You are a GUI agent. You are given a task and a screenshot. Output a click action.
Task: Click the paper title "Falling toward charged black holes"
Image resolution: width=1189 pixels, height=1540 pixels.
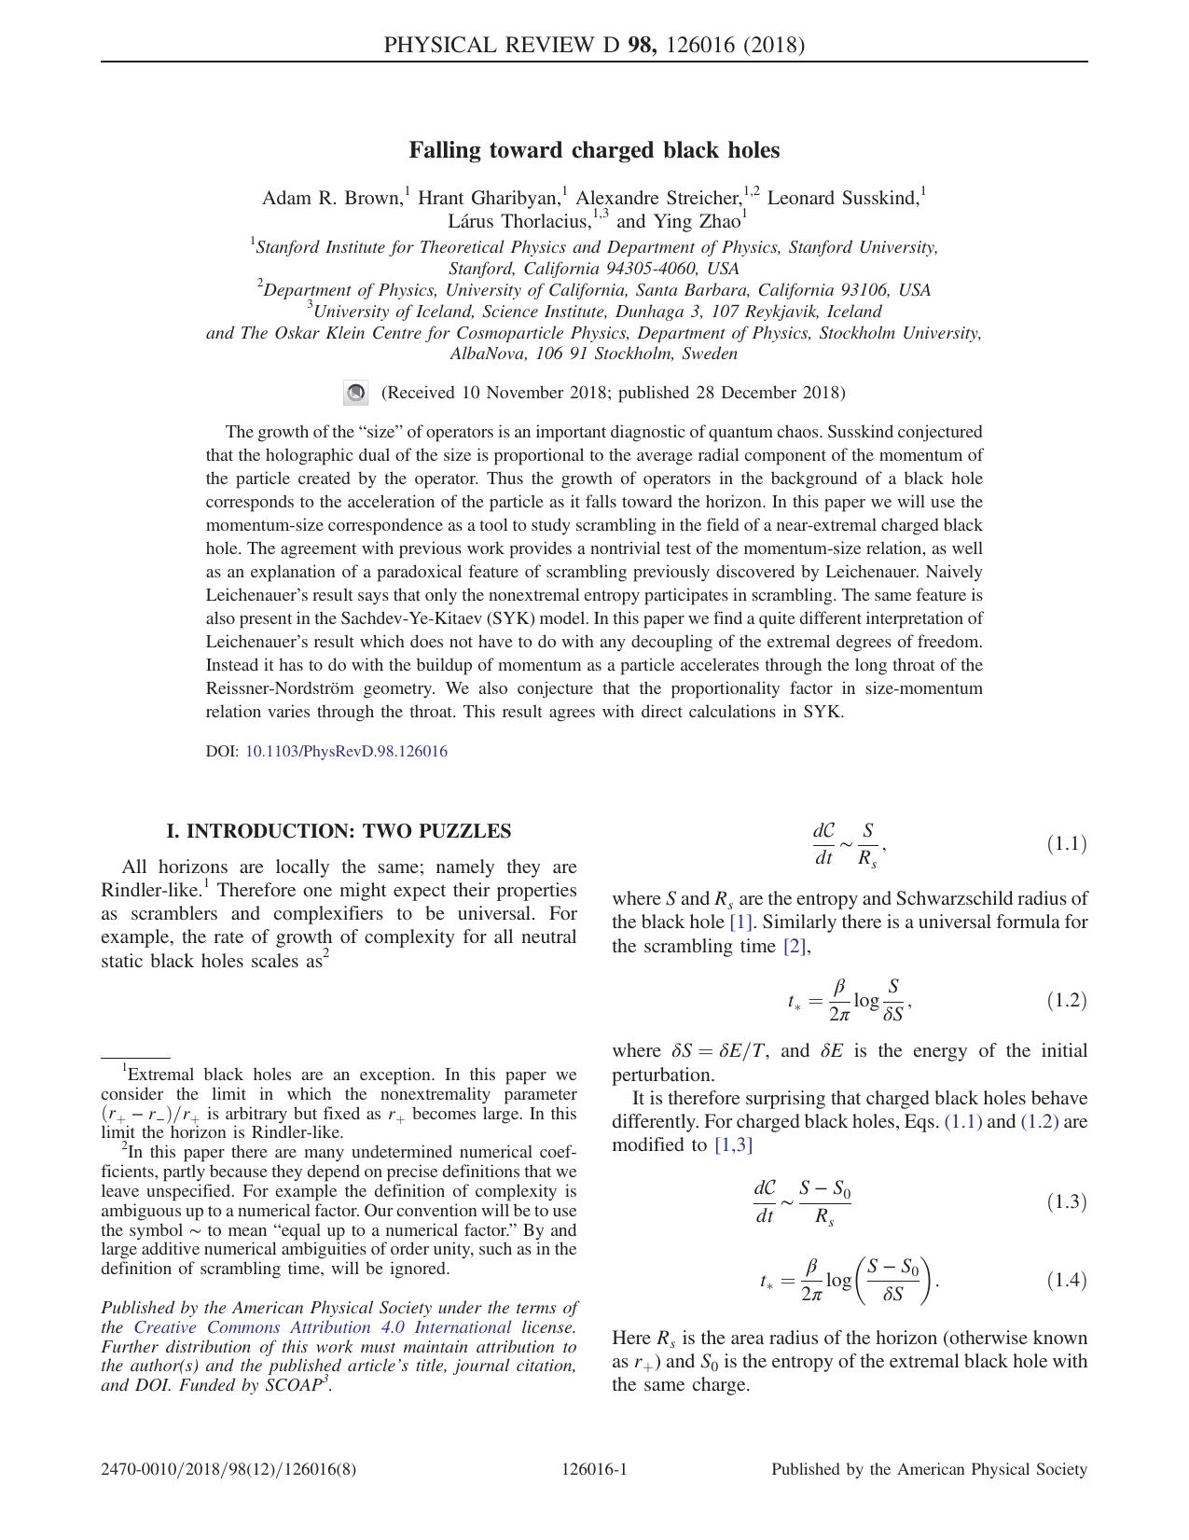tap(594, 150)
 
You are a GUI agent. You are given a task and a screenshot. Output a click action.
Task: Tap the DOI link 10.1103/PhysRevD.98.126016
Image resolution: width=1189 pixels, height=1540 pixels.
tap(346, 752)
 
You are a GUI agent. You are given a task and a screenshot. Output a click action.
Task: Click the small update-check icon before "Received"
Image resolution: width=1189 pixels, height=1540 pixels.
tap(355, 394)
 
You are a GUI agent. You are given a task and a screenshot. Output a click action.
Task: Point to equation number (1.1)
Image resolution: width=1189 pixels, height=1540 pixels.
tap(1066, 844)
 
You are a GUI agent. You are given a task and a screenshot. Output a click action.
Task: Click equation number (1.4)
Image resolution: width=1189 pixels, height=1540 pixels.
tap(1066, 1280)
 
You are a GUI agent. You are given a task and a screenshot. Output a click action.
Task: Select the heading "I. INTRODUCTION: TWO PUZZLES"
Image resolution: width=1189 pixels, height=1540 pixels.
tap(339, 831)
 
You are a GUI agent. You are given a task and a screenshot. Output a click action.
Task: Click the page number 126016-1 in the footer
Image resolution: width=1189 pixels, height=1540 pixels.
tap(594, 1470)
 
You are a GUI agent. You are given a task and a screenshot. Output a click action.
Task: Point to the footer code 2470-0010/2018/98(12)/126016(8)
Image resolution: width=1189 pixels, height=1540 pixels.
tap(228, 1470)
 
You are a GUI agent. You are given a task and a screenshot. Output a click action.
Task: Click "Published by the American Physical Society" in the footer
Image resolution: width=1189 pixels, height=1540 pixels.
tap(929, 1470)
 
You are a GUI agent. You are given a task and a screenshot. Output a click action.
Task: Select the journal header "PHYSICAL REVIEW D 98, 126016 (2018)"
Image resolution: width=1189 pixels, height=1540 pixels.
tap(594, 45)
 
